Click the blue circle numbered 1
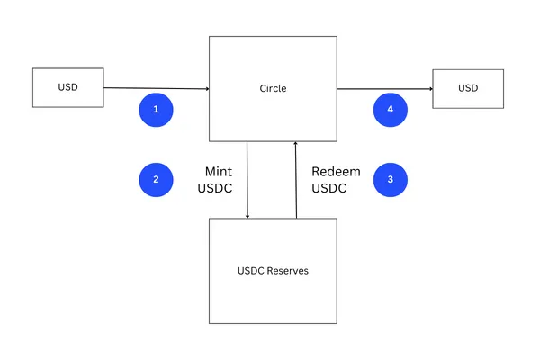(x=156, y=110)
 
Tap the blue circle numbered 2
(x=156, y=179)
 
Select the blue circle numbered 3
(x=390, y=179)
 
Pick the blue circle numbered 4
(x=390, y=110)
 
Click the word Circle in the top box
(x=273, y=88)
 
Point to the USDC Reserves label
(x=273, y=270)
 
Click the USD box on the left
(x=67, y=87)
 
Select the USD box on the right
(x=468, y=87)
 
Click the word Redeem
(x=336, y=171)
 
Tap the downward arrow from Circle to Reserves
(x=247, y=180)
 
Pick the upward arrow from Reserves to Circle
(x=296, y=180)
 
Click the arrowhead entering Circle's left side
(x=207, y=89)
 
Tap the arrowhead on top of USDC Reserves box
(x=247, y=215)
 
